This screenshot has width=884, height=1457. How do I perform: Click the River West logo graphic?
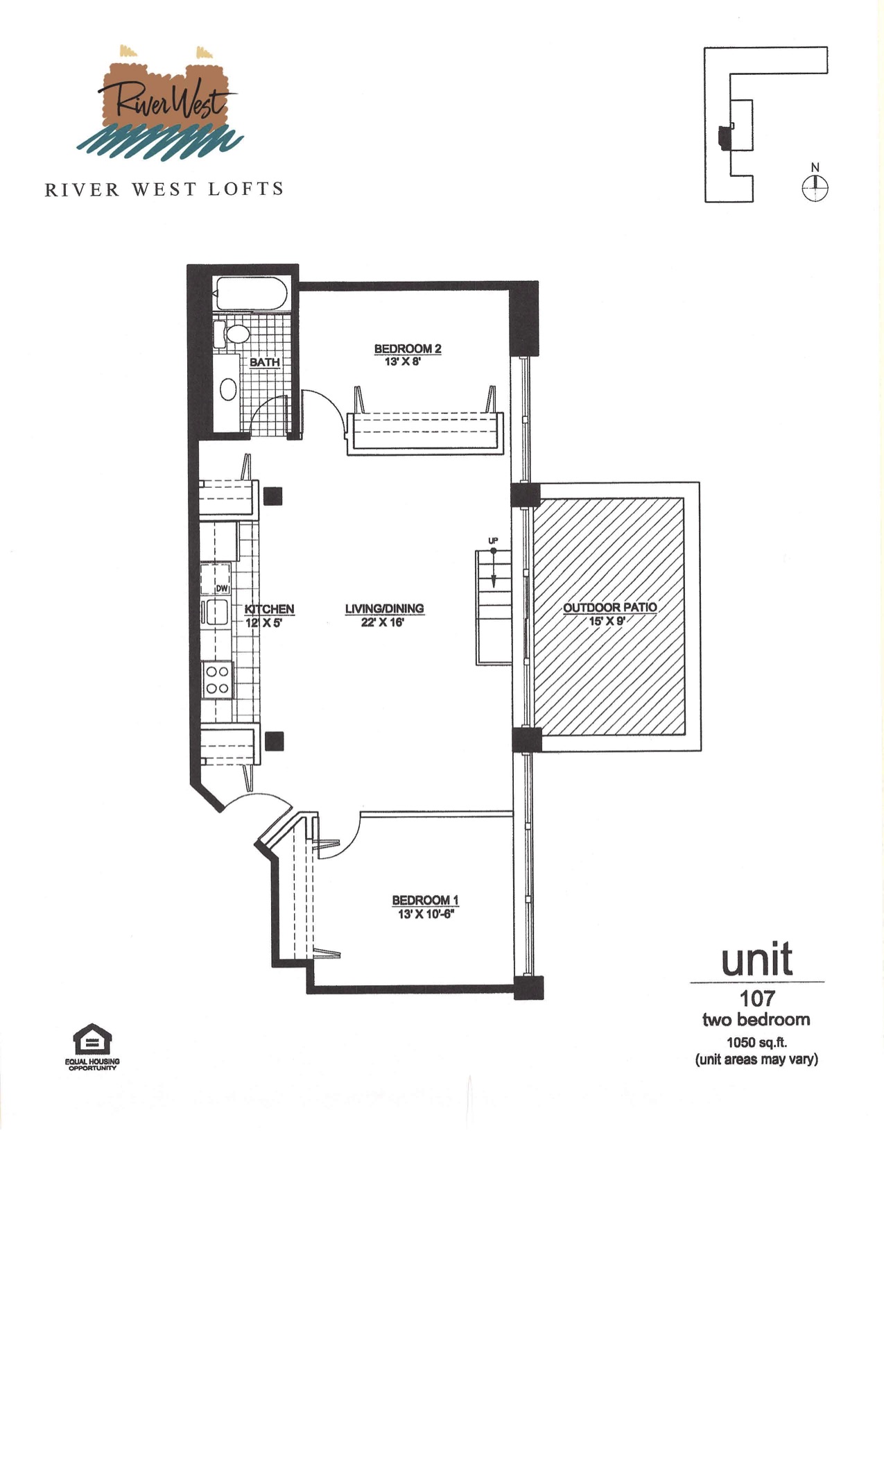pos(160,102)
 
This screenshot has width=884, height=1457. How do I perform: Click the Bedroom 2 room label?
pos(408,349)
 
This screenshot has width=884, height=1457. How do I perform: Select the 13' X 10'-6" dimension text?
pos(425,914)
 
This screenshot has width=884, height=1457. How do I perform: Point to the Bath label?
pos(265,362)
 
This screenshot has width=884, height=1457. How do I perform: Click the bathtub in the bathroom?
pos(250,293)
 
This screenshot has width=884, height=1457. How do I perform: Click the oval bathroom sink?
pos(228,390)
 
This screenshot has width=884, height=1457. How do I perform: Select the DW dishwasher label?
pos(222,589)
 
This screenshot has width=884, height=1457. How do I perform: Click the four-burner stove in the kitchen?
pos(217,680)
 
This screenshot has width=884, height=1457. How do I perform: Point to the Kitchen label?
pos(270,609)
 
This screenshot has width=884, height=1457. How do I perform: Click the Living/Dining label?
pos(384,608)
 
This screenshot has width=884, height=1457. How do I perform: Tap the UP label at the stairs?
pos(493,540)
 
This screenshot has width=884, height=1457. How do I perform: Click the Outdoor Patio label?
pos(610,608)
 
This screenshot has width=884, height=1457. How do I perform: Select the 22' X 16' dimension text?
pos(383,622)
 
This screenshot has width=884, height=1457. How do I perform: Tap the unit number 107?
pos(757,998)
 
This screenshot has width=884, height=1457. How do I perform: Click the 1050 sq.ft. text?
pos(756,1042)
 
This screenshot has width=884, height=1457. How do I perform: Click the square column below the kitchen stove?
pos(275,741)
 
